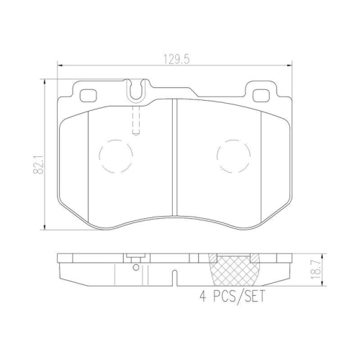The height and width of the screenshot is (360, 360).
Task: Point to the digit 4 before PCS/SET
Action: (x=202, y=296)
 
